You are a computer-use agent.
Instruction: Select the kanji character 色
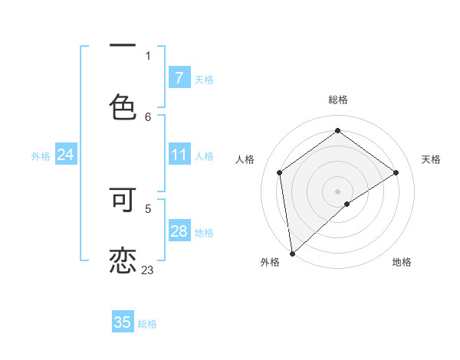(x=123, y=106)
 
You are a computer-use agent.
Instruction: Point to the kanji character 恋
(x=123, y=259)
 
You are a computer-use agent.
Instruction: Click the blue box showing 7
(x=179, y=78)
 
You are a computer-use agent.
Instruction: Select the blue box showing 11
(x=179, y=155)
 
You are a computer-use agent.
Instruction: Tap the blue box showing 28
(x=179, y=231)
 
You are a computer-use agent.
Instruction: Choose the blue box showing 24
(x=65, y=155)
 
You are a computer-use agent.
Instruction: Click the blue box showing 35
(x=123, y=322)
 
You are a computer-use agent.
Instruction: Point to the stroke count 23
(x=148, y=270)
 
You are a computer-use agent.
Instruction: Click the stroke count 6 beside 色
(x=148, y=116)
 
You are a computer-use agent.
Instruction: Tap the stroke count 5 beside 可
(x=148, y=208)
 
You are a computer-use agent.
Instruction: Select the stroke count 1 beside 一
(x=148, y=55)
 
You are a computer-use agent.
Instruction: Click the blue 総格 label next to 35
(x=147, y=324)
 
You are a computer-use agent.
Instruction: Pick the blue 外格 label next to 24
(x=41, y=156)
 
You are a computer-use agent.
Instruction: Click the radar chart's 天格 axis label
(x=431, y=159)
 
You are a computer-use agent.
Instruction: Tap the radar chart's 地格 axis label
(x=402, y=263)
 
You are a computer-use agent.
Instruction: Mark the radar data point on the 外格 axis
(x=291, y=253)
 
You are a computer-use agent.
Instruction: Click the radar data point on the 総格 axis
(x=337, y=131)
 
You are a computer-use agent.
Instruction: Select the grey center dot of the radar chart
(x=337, y=191)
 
